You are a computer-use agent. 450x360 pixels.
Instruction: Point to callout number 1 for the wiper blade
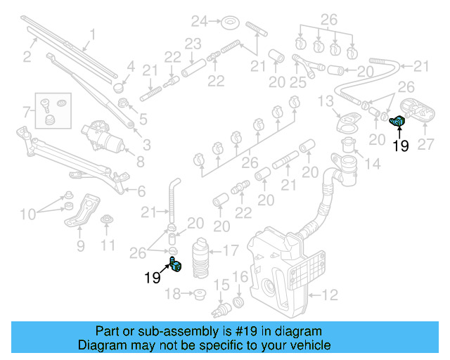pos(92,33)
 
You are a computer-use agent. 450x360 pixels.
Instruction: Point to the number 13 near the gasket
pos(325,102)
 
